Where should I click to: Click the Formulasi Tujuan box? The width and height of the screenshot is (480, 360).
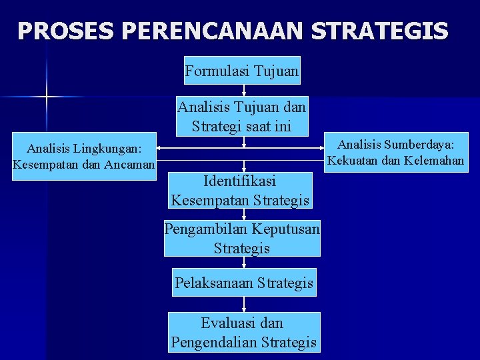[242, 70]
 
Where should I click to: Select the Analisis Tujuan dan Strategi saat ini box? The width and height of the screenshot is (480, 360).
[242, 115]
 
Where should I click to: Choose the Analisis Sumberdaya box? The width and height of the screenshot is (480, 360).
[395, 152]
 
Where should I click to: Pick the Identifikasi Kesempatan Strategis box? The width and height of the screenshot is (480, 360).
[240, 190]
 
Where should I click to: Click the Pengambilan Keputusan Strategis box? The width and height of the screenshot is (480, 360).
[242, 238]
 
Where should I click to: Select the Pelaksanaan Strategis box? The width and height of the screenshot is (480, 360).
[243, 283]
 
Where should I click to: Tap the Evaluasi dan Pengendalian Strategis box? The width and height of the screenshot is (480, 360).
[243, 333]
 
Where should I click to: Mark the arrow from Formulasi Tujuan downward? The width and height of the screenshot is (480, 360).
[245, 91]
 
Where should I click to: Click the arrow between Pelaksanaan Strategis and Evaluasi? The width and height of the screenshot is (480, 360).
[245, 304]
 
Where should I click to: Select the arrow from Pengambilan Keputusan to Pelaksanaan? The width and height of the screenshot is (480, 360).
[245, 263]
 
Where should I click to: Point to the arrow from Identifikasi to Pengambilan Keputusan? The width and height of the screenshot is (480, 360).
[245, 215]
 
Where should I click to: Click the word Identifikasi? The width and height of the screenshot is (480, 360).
[240, 181]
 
